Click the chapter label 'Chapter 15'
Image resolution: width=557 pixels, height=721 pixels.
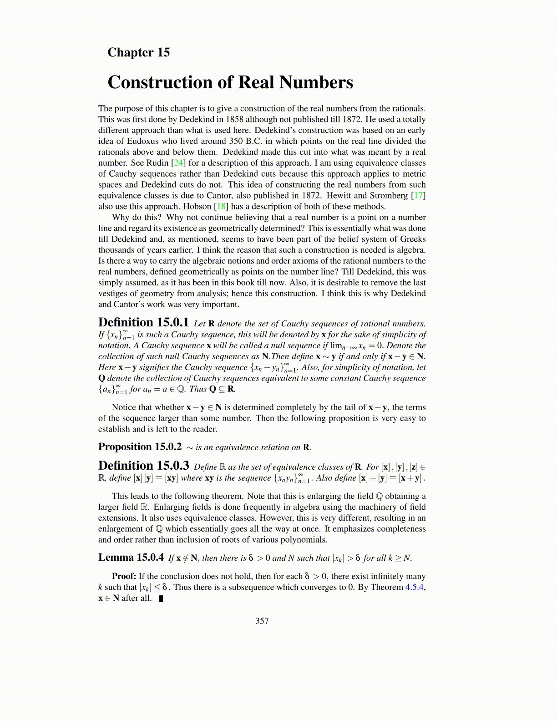click(x=138, y=52)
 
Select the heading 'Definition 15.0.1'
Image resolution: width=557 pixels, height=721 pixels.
click(x=143, y=322)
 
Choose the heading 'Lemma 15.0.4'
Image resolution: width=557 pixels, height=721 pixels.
click(x=131, y=557)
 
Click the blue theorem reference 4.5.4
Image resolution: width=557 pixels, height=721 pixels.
click(x=415, y=587)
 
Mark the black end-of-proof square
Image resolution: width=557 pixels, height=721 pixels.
click(x=161, y=599)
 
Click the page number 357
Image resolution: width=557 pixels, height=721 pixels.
click(x=262, y=621)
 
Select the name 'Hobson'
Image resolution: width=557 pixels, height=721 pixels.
click(x=197, y=207)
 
